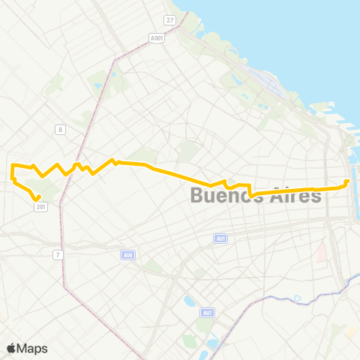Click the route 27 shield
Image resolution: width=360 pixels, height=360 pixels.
[170, 19]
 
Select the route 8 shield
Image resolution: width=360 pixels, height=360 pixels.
[59, 129]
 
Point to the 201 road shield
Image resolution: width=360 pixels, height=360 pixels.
[40, 208]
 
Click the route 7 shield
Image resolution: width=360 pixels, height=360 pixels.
[57, 255]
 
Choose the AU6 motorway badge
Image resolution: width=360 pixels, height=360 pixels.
[128, 255]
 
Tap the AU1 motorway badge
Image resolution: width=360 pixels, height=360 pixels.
[220, 238]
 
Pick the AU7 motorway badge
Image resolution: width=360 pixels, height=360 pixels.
[208, 312]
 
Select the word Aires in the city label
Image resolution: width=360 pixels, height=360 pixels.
[293, 196]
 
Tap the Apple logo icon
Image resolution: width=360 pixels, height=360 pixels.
[11, 348]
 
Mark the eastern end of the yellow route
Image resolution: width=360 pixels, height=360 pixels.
[347, 181]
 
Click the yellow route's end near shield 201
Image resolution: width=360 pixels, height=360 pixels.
[37, 199]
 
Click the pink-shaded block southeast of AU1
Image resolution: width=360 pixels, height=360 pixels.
[321, 253]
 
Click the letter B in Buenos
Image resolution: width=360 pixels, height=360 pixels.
[197, 196]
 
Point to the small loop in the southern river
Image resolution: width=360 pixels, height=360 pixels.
[298, 298]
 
